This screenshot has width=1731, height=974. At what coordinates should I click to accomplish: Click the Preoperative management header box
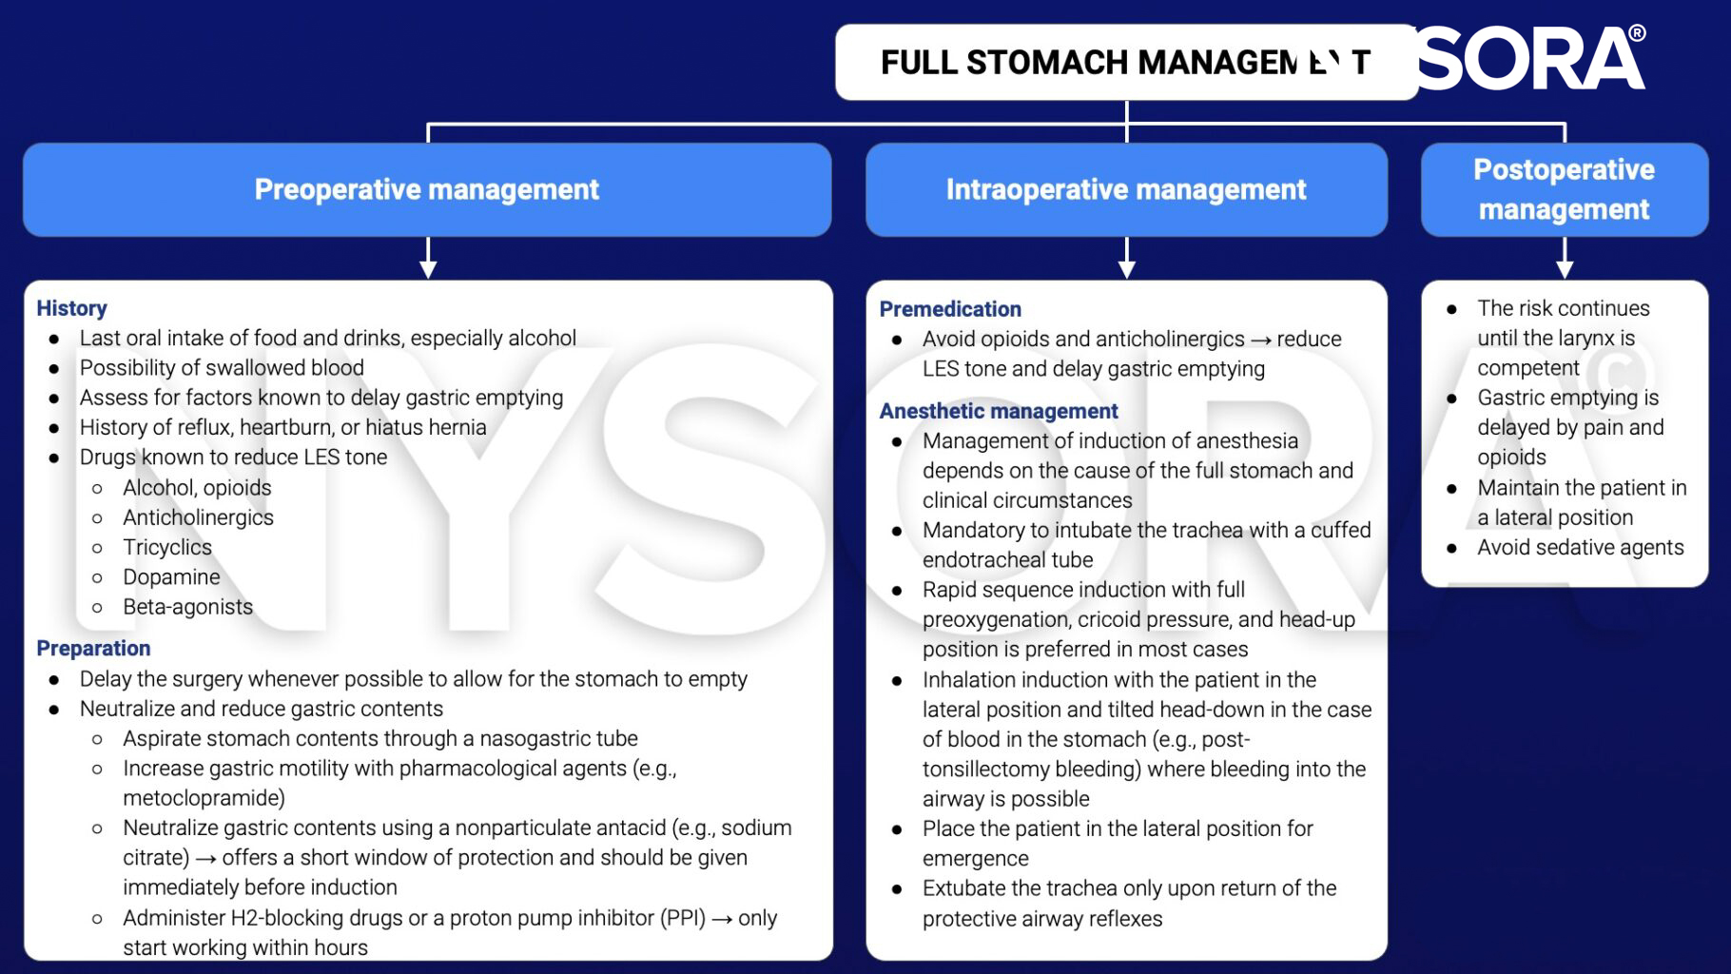tap(427, 189)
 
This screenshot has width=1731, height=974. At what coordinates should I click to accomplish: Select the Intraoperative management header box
tap(1126, 189)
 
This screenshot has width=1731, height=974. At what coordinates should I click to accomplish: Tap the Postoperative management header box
tap(1564, 189)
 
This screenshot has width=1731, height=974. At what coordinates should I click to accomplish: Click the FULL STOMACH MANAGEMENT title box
tap(1126, 63)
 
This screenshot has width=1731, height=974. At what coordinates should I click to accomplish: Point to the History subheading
tap(71, 308)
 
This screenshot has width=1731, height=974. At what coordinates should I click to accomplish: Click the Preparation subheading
tap(93, 649)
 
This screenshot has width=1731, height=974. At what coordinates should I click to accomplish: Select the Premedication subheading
tap(950, 309)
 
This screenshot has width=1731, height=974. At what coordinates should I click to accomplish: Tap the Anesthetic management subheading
tap(998, 411)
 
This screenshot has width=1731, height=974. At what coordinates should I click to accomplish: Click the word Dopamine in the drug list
tap(171, 577)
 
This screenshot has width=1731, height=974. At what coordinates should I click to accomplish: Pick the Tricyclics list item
tap(167, 547)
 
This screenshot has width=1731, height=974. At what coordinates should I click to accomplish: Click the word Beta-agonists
tap(187, 607)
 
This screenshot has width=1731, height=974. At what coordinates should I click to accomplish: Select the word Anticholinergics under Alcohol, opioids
tap(198, 517)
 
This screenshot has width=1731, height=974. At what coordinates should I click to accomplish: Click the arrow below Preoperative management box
tap(428, 259)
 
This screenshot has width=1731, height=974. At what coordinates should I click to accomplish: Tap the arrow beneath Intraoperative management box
tap(1127, 259)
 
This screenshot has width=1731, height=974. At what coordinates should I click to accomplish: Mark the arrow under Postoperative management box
tap(1565, 259)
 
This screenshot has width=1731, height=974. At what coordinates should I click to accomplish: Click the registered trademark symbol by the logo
tap(1637, 33)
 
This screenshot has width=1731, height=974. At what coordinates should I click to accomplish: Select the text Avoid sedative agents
tap(1580, 548)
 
